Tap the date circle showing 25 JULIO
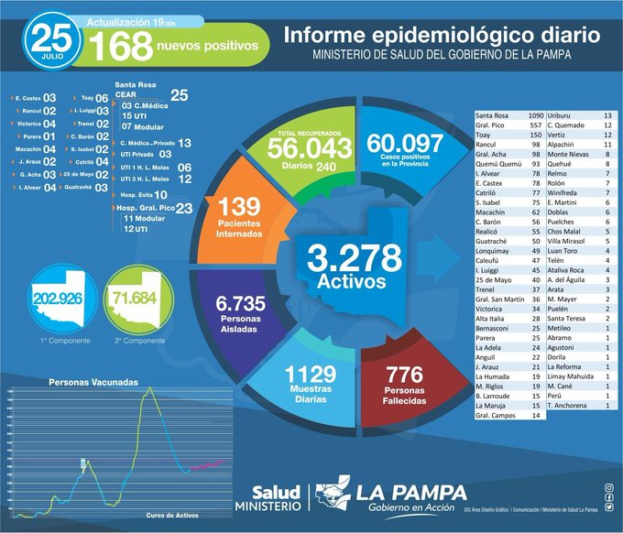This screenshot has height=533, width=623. click(53, 39)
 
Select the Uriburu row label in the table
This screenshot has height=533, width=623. click(562, 117)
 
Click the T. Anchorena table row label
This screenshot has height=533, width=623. click(569, 404)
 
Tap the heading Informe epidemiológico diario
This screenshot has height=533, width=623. click(442, 36)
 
